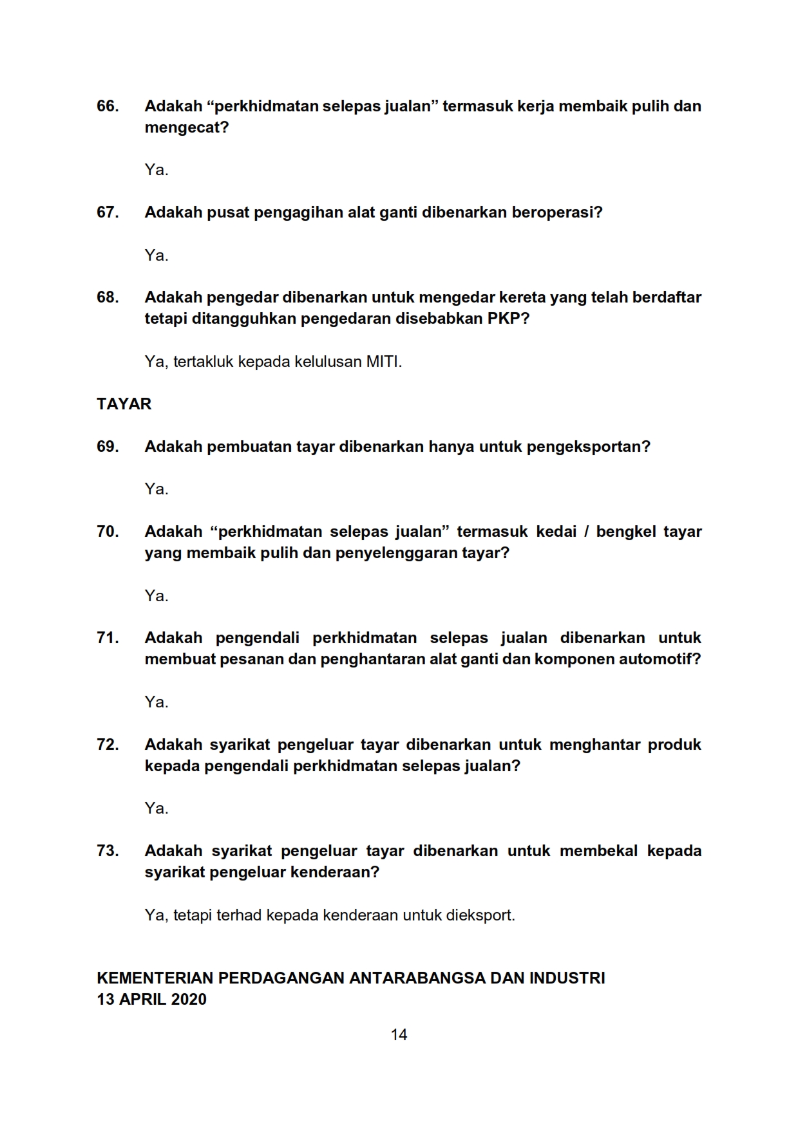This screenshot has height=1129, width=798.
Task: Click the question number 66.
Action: click(108, 106)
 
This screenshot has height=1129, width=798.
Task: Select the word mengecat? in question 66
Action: click(187, 127)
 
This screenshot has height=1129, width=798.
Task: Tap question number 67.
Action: click(108, 212)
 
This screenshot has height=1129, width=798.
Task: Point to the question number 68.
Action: click(108, 297)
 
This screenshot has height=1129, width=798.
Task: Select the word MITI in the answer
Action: click(383, 362)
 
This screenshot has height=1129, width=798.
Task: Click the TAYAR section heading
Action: click(124, 404)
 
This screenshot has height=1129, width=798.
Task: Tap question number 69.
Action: click(108, 447)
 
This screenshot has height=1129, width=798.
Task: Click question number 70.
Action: click(108, 532)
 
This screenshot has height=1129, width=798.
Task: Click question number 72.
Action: click(108, 745)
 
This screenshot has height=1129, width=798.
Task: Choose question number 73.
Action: click(108, 851)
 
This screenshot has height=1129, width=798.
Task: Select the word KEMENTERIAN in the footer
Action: click(155, 978)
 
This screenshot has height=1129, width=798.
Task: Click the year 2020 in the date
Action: click(189, 1000)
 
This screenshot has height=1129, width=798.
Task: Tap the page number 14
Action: click(399, 1035)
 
